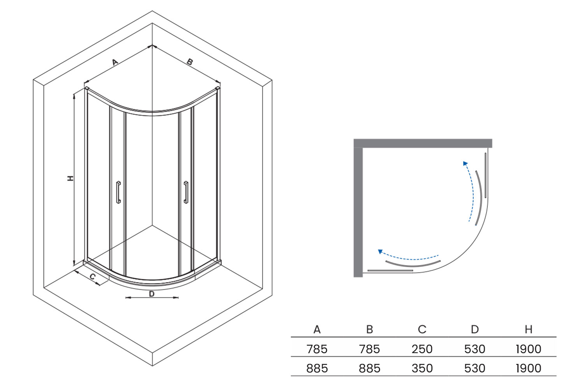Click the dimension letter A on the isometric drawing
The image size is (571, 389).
coord(115,62)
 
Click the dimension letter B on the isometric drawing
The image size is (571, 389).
coord(190,61)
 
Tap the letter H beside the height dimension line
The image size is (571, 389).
coord(70,178)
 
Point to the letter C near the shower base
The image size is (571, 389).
coord(93,277)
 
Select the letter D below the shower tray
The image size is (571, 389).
coord(152,294)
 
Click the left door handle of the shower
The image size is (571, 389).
coord(118,192)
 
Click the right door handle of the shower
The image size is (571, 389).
coord(186,192)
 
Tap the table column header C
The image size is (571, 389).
coord(422,329)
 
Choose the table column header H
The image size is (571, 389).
coord(529,329)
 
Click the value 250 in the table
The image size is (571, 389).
coord(422,349)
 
